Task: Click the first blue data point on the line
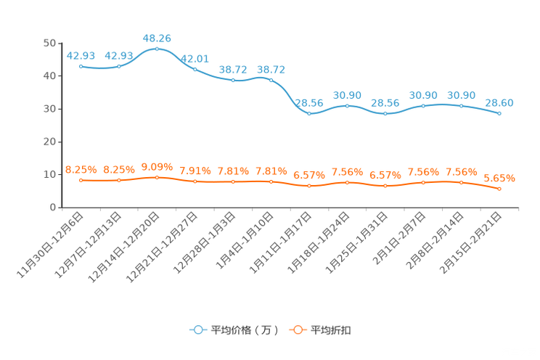tap(81, 66)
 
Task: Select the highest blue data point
tap(157, 49)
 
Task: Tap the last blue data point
tap(499, 114)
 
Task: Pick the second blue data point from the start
tap(119, 66)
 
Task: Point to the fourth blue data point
tap(195, 69)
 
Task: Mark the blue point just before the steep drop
tap(271, 79)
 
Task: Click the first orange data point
tap(81, 179)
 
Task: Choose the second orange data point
tap(119, 179)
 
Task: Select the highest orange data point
tap(157, 176)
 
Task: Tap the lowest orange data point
tap(499, 189)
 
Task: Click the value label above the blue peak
tap(157, 38)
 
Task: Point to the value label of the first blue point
tap(81, 55)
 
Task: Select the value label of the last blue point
tap(499, 103)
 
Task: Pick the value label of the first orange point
tap(81, 168)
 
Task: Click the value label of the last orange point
tap(499, 178)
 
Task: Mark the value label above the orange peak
tap(157, 166)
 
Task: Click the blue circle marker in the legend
tap(198, 330)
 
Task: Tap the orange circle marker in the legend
tap(298, 330)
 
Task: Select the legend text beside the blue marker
tap(244, 330)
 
